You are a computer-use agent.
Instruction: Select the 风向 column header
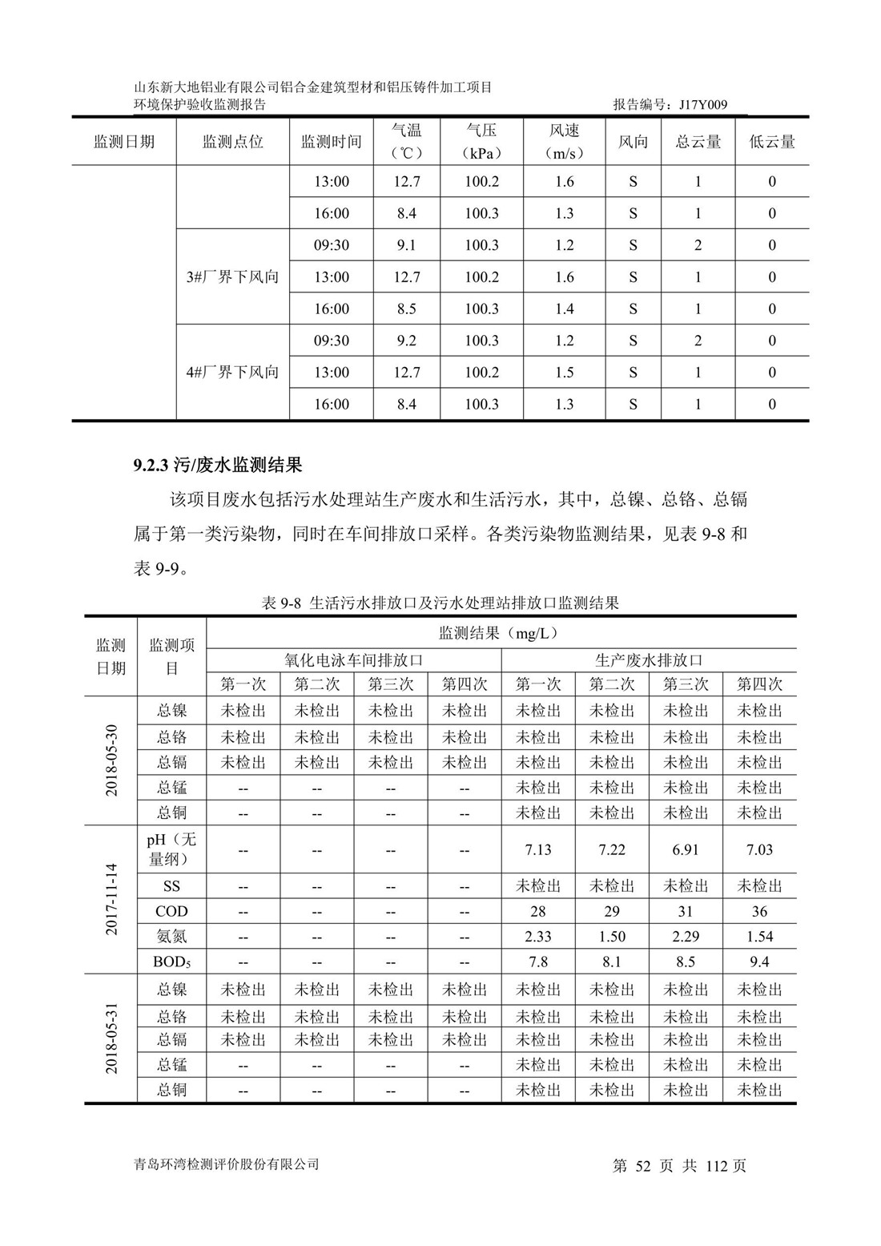pos(633,142)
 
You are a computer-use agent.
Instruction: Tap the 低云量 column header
pos(772,142)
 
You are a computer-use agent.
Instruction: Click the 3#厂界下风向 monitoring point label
pos(232,277)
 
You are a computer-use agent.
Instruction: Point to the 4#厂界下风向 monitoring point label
pos(232,372)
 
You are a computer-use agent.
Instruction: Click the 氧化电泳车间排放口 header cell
pos(353,660)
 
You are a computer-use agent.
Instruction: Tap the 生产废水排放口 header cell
pos(649,660)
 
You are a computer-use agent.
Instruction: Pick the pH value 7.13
pos(538,849)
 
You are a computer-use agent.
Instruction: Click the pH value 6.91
pos(686,849)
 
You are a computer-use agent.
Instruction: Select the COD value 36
pos(759,911)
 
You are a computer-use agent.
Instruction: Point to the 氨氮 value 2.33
pos(538,936)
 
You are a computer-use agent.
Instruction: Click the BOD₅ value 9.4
pos(759,962)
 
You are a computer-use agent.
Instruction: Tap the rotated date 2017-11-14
pos(111,899)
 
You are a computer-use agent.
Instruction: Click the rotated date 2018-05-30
pos(111,760)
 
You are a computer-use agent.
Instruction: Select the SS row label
pos(171,886)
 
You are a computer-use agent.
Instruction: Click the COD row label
pos(171,911)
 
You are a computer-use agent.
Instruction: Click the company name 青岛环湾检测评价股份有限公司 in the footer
pos(227,1164)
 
